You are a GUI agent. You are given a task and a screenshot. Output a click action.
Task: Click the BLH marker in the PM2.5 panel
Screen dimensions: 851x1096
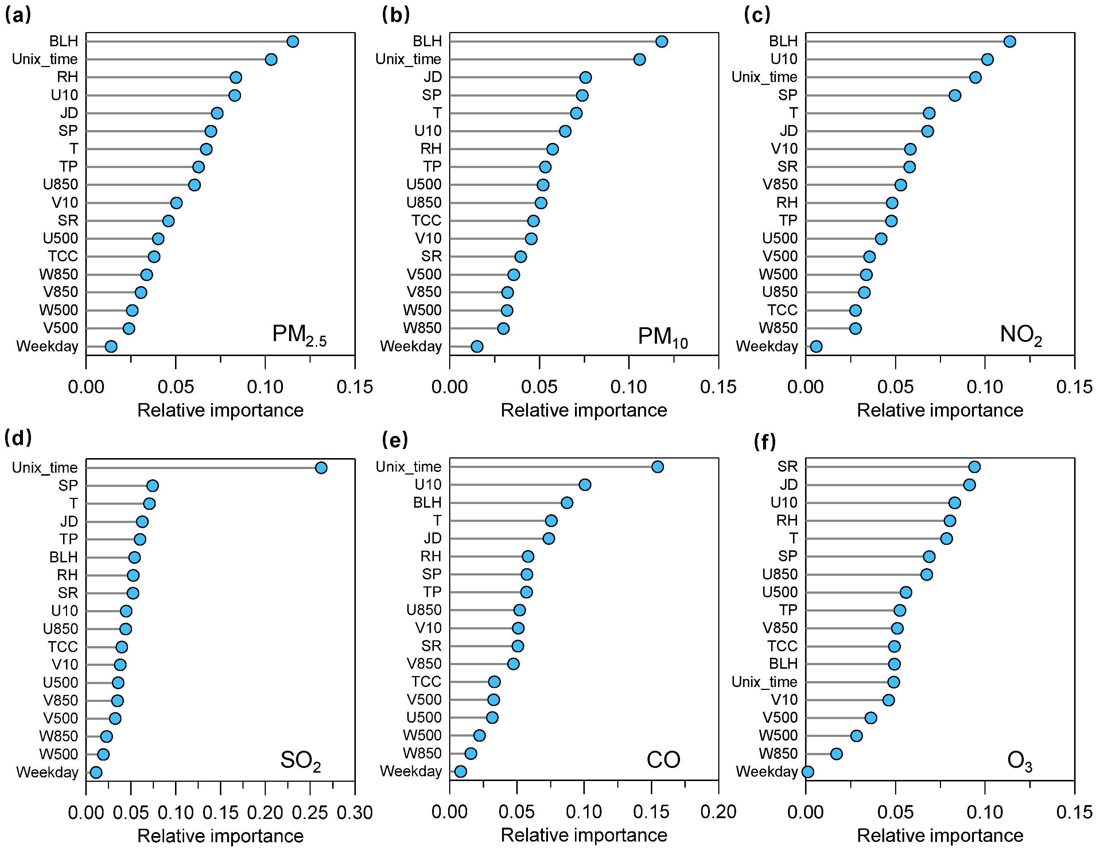292,41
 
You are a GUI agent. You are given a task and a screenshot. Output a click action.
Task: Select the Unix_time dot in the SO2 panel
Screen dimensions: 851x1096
321,468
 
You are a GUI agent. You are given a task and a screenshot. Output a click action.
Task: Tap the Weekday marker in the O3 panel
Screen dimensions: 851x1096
808,771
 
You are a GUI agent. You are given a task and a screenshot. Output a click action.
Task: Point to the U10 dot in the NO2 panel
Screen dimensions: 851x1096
987,59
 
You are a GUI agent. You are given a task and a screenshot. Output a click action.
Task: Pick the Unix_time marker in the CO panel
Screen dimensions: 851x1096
657,467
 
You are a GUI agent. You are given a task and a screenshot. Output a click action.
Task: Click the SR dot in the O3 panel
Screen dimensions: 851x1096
975,467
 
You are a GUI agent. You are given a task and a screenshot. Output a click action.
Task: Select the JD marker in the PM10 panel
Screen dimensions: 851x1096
585,77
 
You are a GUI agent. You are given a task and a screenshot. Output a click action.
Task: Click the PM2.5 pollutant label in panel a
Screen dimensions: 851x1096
299,335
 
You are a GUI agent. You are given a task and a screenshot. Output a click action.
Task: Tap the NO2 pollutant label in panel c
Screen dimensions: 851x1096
1021,335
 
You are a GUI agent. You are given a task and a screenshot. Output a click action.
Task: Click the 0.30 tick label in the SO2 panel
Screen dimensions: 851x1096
355,813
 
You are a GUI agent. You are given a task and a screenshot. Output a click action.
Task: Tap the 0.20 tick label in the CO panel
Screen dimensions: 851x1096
718,812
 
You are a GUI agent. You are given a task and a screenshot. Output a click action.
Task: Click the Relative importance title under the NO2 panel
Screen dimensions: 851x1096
940,410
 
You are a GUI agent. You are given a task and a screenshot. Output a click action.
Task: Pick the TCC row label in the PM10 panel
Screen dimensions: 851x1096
426,220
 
